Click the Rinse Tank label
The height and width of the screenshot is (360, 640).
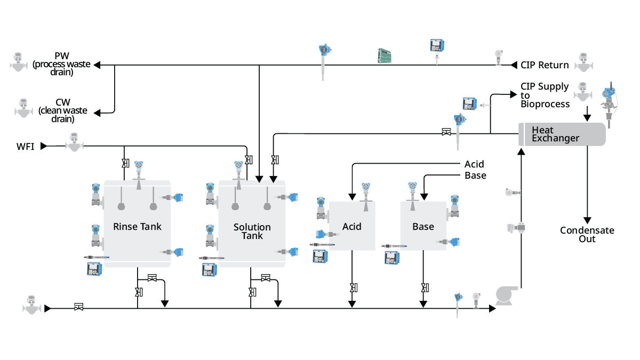137,227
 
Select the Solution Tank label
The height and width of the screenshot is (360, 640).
252,231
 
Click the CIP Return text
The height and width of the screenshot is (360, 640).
545,65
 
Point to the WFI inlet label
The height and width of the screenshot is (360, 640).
25,146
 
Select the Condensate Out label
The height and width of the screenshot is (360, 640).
587,235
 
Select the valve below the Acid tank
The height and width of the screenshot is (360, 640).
353,288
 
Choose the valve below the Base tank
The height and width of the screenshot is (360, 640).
424,288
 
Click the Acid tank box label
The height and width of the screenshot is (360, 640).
351,227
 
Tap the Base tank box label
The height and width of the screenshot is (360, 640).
423,227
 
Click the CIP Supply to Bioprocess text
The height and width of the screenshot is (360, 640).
545,95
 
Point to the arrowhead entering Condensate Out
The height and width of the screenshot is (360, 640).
587,220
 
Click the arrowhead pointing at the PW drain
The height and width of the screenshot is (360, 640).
99,65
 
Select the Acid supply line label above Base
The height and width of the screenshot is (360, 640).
474,164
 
